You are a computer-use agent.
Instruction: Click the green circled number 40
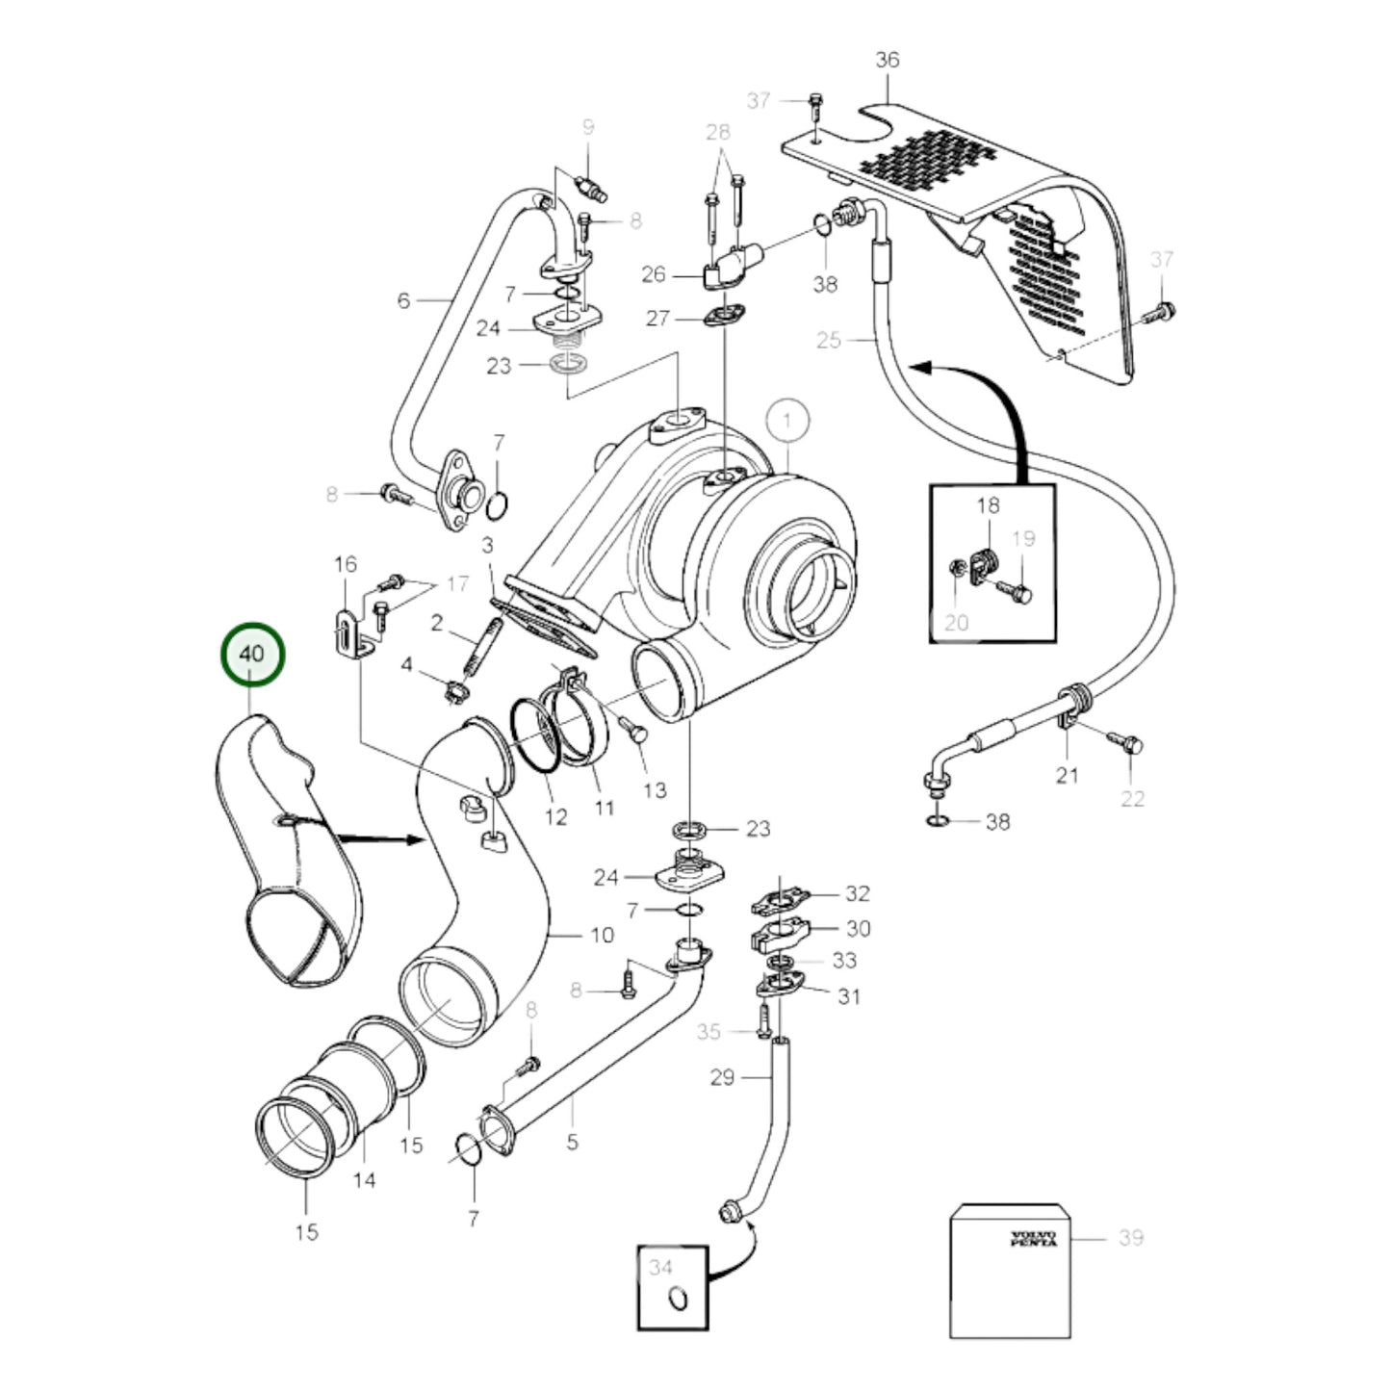[x=252, y=654]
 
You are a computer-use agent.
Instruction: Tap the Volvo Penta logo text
[x=1033, y=1238]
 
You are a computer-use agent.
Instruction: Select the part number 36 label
[x=887, y=60]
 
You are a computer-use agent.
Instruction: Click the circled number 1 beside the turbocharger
[x=788, y=421]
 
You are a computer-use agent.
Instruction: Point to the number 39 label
[x=1130, y=1237]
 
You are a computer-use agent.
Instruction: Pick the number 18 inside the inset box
[x=988, y=505]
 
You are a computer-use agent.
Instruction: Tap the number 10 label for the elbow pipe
[x=601, y=935]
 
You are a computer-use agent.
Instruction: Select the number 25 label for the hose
[x=828, y=339]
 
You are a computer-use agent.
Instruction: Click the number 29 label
[x=723, y=1077]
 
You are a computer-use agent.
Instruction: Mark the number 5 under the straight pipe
[x=572, y=1143]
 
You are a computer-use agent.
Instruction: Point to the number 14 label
[x=364, y=1179]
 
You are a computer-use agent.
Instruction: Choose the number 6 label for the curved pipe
[x=403, y=301]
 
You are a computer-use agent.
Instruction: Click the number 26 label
[x=653, y=275]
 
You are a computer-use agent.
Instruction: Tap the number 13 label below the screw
[x=655, y=790]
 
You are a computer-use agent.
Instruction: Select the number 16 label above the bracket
[x=345, y=564]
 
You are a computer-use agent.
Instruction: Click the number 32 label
[x=857, y=893]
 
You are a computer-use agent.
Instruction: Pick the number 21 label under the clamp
[x=1067, y=775]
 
